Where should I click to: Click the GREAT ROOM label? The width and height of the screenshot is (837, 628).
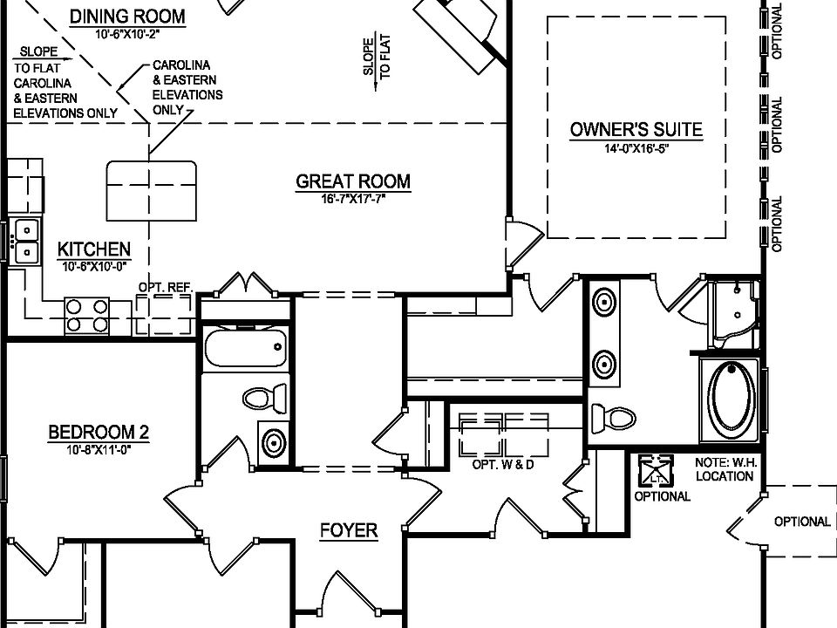point(353,181)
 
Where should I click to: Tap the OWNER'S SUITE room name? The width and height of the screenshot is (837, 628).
point(636,130)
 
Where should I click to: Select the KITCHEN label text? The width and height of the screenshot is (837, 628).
point(94,249)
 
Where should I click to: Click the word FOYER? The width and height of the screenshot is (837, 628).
point(348,530)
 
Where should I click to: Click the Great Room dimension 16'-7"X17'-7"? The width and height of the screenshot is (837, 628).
point(352,199)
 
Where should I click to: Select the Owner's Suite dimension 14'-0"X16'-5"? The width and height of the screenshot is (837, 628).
point(636,147)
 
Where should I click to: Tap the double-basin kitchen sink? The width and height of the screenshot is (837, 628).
point(27,242)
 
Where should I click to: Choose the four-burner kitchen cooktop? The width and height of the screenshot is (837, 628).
point(88,315)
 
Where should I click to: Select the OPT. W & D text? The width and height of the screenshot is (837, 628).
point(502,464)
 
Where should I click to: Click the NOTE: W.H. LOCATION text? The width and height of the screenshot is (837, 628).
point(725,469)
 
